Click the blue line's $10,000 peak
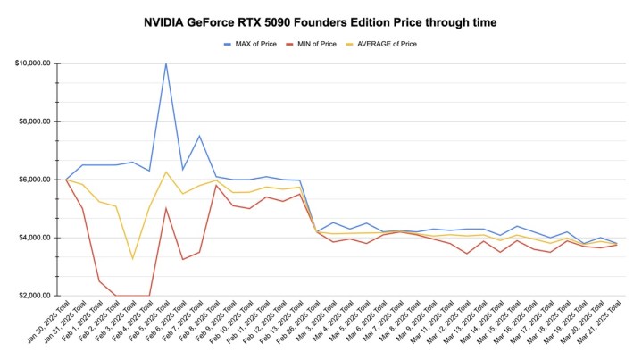(x=166, y=63)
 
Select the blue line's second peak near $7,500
(x=199, y=136)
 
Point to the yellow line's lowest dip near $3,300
(x=132, y=258)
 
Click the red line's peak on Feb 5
(x=166, y=208)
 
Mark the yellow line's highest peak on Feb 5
(x=166, y=172)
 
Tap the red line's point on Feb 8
(x=216, y=185)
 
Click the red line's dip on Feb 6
(x=182, y=259)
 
